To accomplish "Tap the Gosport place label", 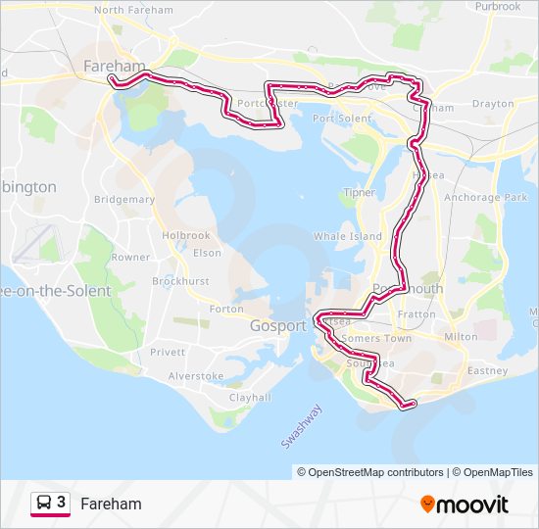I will pos(278,326).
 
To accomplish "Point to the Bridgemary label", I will pos(124,199).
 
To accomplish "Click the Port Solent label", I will pos(342,119).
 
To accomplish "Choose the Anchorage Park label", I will pos(486,197).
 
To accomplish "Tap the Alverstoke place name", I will pos(196,375).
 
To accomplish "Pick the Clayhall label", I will pos(250,398).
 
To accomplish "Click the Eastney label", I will pos(487,371).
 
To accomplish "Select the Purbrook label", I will pos(498,6).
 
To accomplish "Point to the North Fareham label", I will pos(133,10).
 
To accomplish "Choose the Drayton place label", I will pos(492,103).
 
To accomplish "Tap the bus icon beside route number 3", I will pos(44,503).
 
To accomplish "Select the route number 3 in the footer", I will pos(62,503).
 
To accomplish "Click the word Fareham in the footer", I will pos(111,505).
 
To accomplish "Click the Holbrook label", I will pos(186,235).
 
